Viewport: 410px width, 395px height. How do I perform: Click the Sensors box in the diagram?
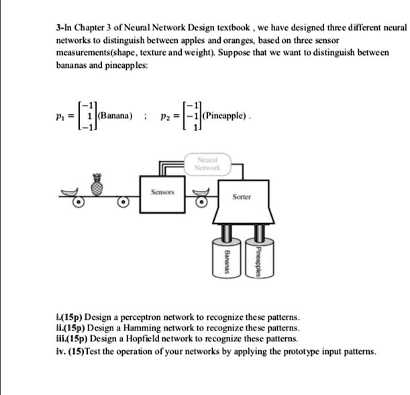tap(162, 195)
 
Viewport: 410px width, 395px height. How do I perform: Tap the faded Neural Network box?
tap(207, 164)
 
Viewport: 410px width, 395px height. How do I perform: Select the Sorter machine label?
tap(242, 197)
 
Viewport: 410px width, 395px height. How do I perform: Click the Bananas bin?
tap(227, 258)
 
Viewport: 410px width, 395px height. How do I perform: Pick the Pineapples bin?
tap(260, 258)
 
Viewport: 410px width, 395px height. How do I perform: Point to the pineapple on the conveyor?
tap(97, 185)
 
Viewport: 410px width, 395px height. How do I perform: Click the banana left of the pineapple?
tap(70, 192)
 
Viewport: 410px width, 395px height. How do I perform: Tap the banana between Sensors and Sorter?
tap(201, 192)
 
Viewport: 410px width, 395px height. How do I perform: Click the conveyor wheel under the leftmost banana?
tap(79, 202)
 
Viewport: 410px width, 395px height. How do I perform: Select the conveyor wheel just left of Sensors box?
tap(123, 202)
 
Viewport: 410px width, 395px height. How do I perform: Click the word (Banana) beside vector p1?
tap(115, 116)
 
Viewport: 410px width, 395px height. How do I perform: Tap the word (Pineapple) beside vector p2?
tap(224, 116)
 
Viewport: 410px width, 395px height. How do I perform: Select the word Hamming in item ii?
tap(142, 328)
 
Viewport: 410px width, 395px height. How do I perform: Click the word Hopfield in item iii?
tap(143, 339)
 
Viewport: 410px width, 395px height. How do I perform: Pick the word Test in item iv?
tap(93, 351)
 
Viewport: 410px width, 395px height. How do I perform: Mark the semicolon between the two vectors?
tap(144, 116)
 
